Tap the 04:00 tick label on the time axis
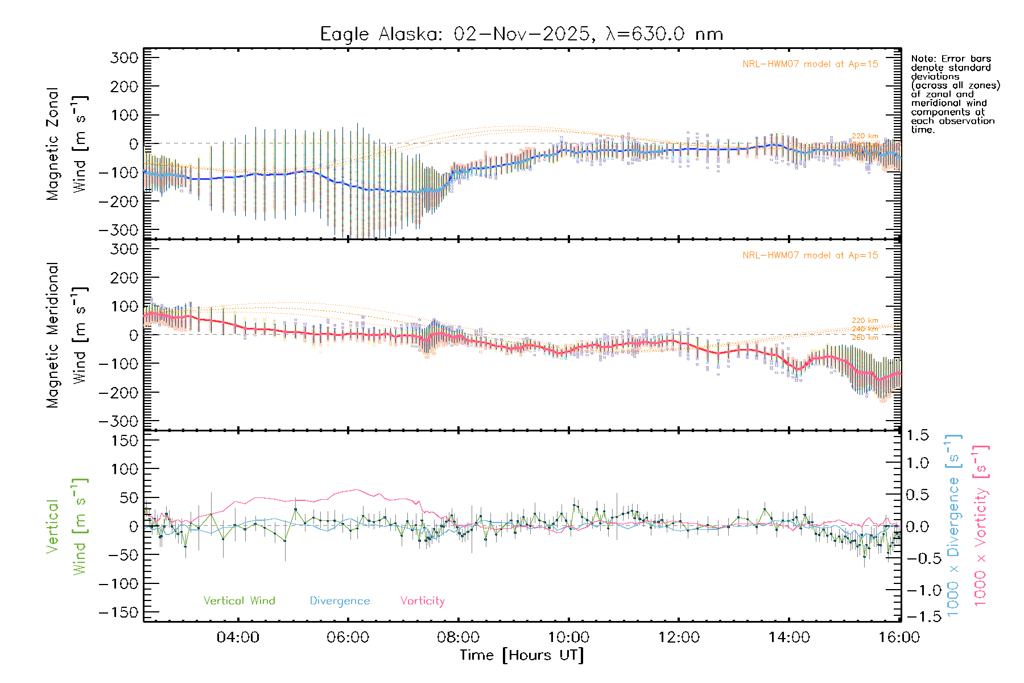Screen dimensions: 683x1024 coord(238,637)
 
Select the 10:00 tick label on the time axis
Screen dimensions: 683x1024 coord(568,637)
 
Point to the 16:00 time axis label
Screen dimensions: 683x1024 coord(899,637)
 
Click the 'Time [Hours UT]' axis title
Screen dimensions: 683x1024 coord(522,655)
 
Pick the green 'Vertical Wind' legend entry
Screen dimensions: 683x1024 coord(239,600)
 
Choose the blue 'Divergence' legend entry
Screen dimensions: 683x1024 coord(340,600)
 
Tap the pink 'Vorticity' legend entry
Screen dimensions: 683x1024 coord(422,600)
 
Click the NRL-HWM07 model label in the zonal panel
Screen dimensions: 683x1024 coord(810,64)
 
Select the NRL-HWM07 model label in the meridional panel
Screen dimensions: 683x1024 coord(810,256)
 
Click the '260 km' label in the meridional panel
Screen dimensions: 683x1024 coord(865,338)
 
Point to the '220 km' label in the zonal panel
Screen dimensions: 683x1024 coord(865,136)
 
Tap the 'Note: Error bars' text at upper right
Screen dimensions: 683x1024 coord(951,59)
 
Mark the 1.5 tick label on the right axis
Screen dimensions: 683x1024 coord(918,435)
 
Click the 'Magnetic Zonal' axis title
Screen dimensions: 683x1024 coord(52,143)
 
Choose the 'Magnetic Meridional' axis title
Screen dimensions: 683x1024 coord(52,335)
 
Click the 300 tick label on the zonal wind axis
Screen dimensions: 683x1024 coord(124,57)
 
